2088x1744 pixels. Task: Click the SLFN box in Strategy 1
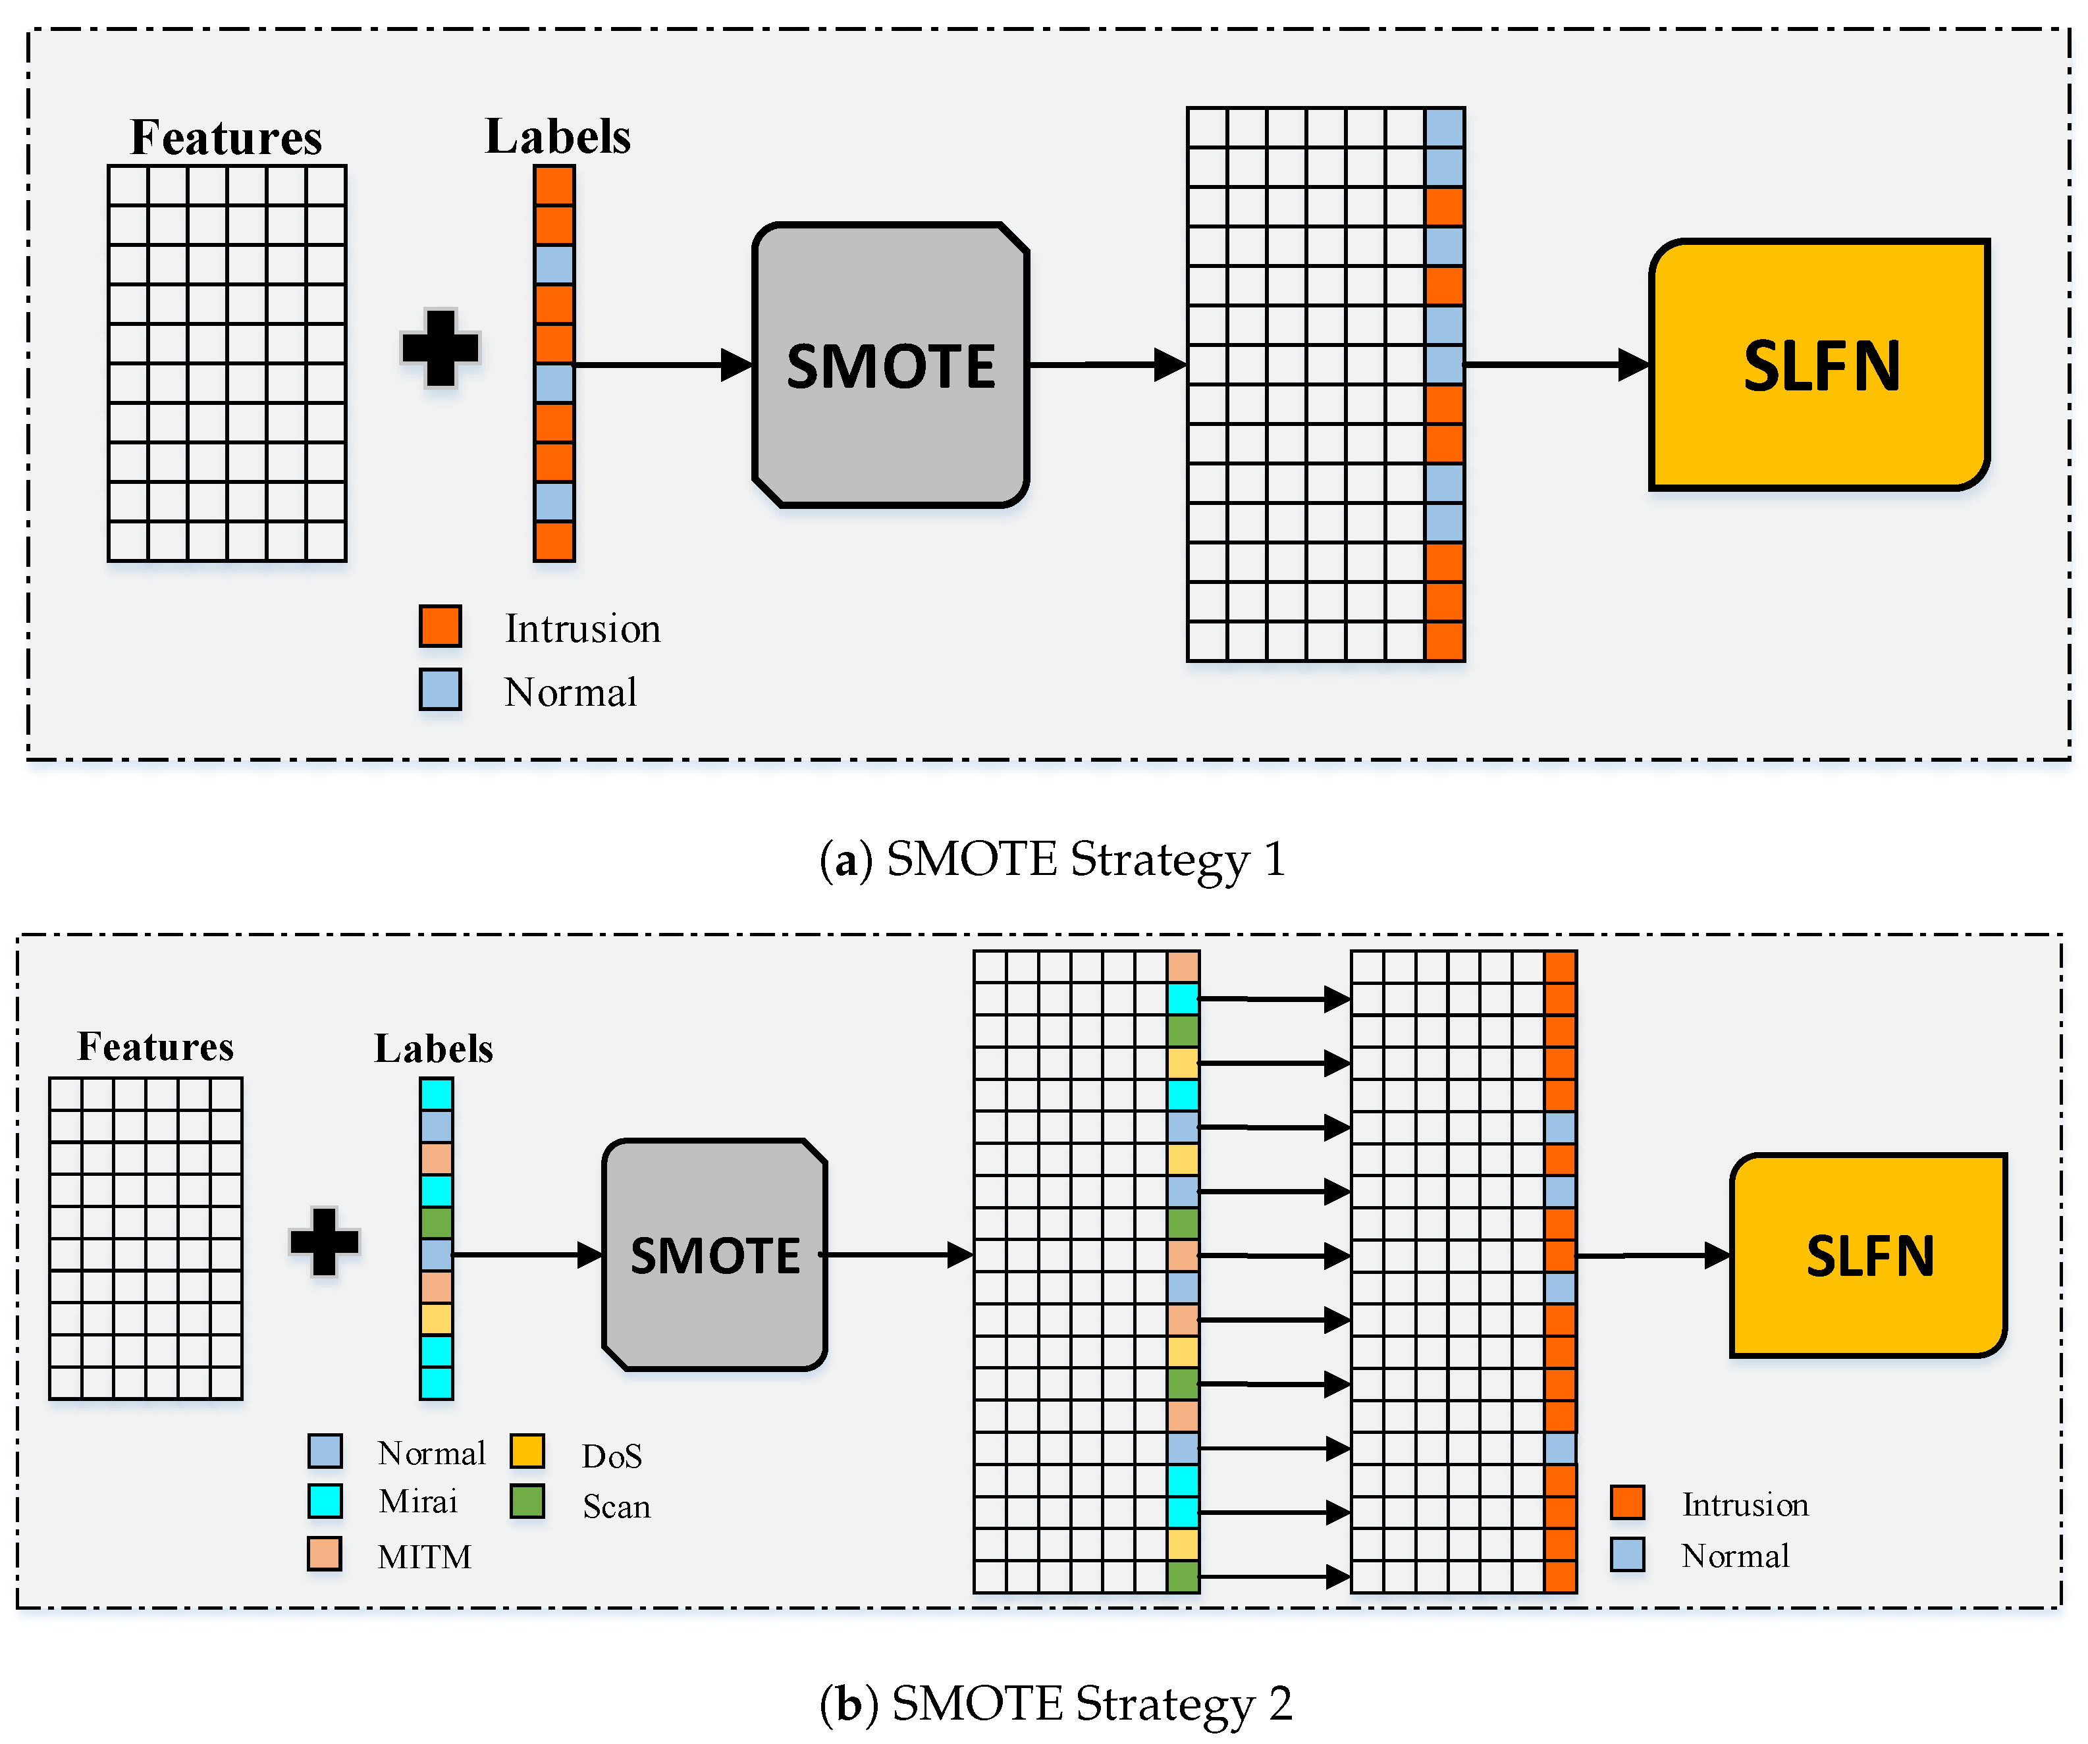[x=1819, y=365]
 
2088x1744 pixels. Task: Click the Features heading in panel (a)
[x=227, y=137]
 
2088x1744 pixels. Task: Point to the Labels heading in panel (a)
[x=558, y=136]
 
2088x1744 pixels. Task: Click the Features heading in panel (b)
[x=156, y=1046]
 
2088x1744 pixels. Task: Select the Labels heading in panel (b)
[x=433, y=1048]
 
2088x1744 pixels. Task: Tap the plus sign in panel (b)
[x=324, y=1241]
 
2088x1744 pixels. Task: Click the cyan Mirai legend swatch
[x=325, y=1500]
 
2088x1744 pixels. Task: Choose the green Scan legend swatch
[x=527, y=1500]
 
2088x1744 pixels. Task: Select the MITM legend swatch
[x=325, y=1553]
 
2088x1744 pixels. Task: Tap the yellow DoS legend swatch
[x=527, y=1450]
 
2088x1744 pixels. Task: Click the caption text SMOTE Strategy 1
[x=1086, y=859]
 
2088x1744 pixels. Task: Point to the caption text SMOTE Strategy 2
[x=1092, y=1703]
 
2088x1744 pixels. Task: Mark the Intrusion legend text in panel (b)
[x=1745, y=1504]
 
